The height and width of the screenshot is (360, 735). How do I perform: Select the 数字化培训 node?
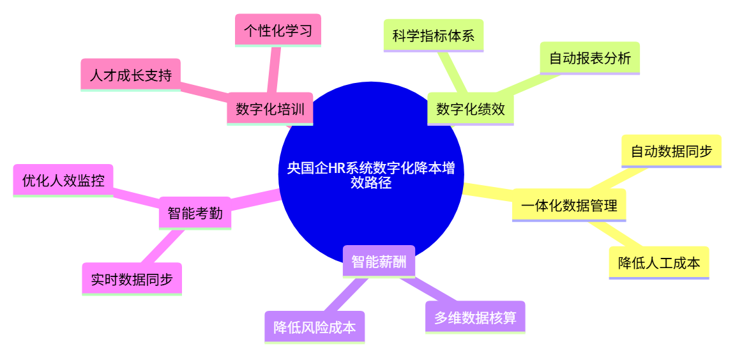tap(269, 109)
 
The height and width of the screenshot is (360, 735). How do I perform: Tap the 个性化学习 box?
tap(278, 30)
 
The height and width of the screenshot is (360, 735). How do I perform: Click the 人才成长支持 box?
tap(130, 75)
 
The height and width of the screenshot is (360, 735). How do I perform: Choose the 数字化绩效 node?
tap(470, 109)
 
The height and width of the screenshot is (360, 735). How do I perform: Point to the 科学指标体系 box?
tap(433, 35)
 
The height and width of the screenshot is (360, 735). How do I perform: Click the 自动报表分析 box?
tap(589, 58)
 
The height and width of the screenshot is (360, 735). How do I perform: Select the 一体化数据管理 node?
tap(568, 205)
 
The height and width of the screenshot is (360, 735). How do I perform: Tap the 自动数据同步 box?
tap(671, 151)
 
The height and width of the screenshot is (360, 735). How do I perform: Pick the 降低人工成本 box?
tap(658, 262)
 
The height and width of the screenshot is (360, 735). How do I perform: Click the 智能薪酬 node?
tap(379, 261)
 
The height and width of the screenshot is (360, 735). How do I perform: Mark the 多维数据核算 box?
tap(474, 317)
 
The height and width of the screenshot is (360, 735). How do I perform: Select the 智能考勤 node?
tap(195, 213)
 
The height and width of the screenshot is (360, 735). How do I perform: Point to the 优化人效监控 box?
tap(63, 180)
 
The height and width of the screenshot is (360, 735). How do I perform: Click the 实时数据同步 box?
tap(132, 278)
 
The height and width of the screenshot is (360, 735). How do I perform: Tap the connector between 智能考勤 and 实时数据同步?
tap(163, 246)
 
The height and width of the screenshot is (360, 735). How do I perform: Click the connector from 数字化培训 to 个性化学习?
tap(274, 70)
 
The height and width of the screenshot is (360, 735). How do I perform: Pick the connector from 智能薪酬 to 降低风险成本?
tap(347, 294)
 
